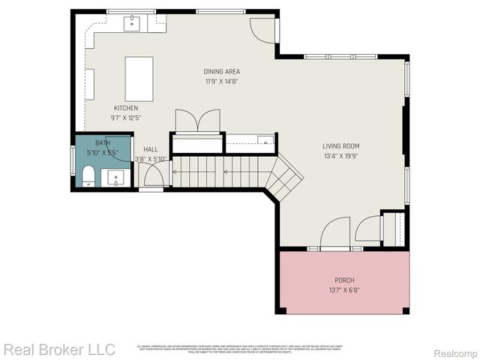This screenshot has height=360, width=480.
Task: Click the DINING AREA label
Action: pyautogui.click(x=221, y=72)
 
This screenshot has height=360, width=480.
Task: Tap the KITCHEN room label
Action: pyautogui.click(x=126, y=108)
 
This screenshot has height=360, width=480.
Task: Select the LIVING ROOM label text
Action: pyautogui.click(x=341, y=146)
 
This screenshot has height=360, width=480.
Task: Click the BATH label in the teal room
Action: pyautogui.click(x=103, y=142)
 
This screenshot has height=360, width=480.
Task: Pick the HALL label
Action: pyautogui.click(x=151, y=149)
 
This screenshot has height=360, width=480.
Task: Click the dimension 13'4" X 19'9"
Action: pyautogui.click(x=341, y=157)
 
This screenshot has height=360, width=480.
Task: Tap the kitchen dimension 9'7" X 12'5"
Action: pyautogui.click(x=126, y=118)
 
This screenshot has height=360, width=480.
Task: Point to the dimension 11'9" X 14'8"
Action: pyautogui.click(x=221, y=82)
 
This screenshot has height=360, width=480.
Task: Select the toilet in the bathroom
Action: pyautogui.click(x=87, y=178)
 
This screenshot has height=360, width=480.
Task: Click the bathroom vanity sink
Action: pyautogui.click(x=116, y=178)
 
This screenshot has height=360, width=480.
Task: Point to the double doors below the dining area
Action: pyautogui.click(x=197, y=121)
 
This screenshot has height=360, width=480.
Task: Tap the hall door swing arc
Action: pyautogui.click(x=153, y=175)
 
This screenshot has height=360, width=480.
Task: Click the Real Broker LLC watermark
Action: pyautogui.click(x=59, y=349)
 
